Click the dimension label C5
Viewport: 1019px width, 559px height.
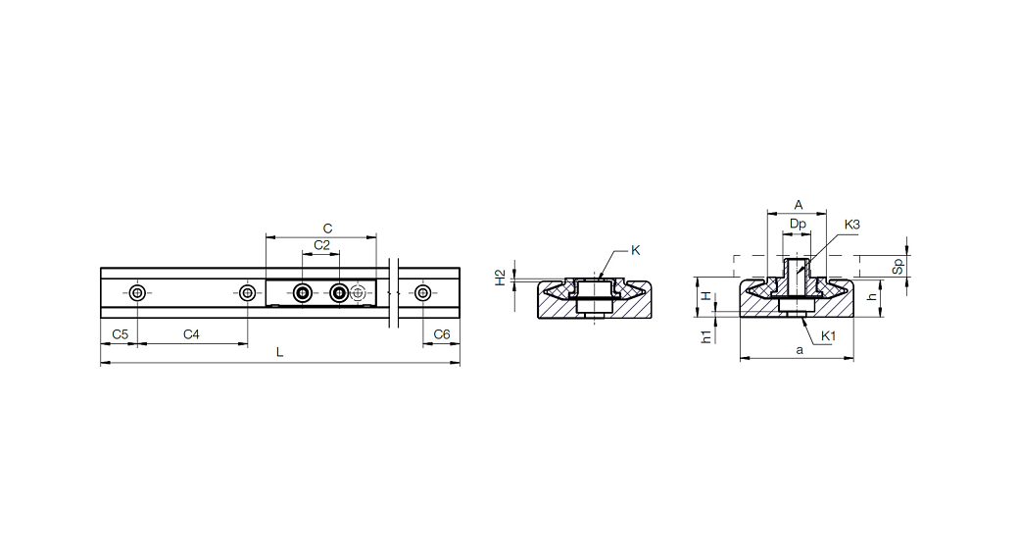pos(121,334)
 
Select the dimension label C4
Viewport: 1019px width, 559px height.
pos(191,334)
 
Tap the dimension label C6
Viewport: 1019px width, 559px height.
pos(442,334)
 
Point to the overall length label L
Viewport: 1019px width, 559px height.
pos(280,352)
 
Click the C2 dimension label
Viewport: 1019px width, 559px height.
pos(321,245)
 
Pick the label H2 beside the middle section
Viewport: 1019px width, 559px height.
pos(501,278)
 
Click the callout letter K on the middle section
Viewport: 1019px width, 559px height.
pos(636,250)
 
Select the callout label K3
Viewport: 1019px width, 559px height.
pos(852,225)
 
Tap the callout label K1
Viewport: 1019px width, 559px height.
pos(829,335)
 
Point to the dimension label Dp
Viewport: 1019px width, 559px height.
pos(798,224)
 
